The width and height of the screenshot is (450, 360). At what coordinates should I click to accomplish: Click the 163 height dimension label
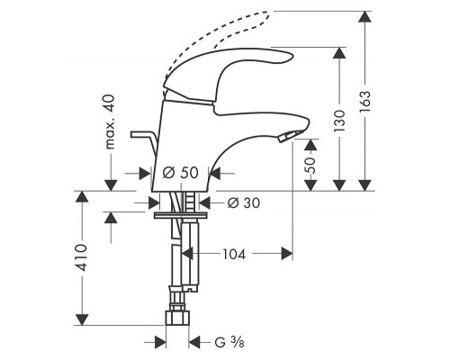click(365, 102)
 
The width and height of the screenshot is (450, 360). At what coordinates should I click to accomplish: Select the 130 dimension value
click(339, 121)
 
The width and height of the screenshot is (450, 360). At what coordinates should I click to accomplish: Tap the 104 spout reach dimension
click(234, 255)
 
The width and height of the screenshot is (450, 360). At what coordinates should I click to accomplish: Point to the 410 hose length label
click(81, 257)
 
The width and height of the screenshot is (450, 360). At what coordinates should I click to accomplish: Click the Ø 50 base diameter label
click(181, 173)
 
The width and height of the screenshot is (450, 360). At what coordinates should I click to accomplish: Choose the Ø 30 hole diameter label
click(244, 203)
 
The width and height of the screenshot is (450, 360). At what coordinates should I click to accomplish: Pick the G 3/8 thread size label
click(229, 342)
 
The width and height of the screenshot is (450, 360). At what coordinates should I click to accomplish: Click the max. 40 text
click(110, 121)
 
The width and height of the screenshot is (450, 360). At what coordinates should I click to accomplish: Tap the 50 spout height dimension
click(310, 165)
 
